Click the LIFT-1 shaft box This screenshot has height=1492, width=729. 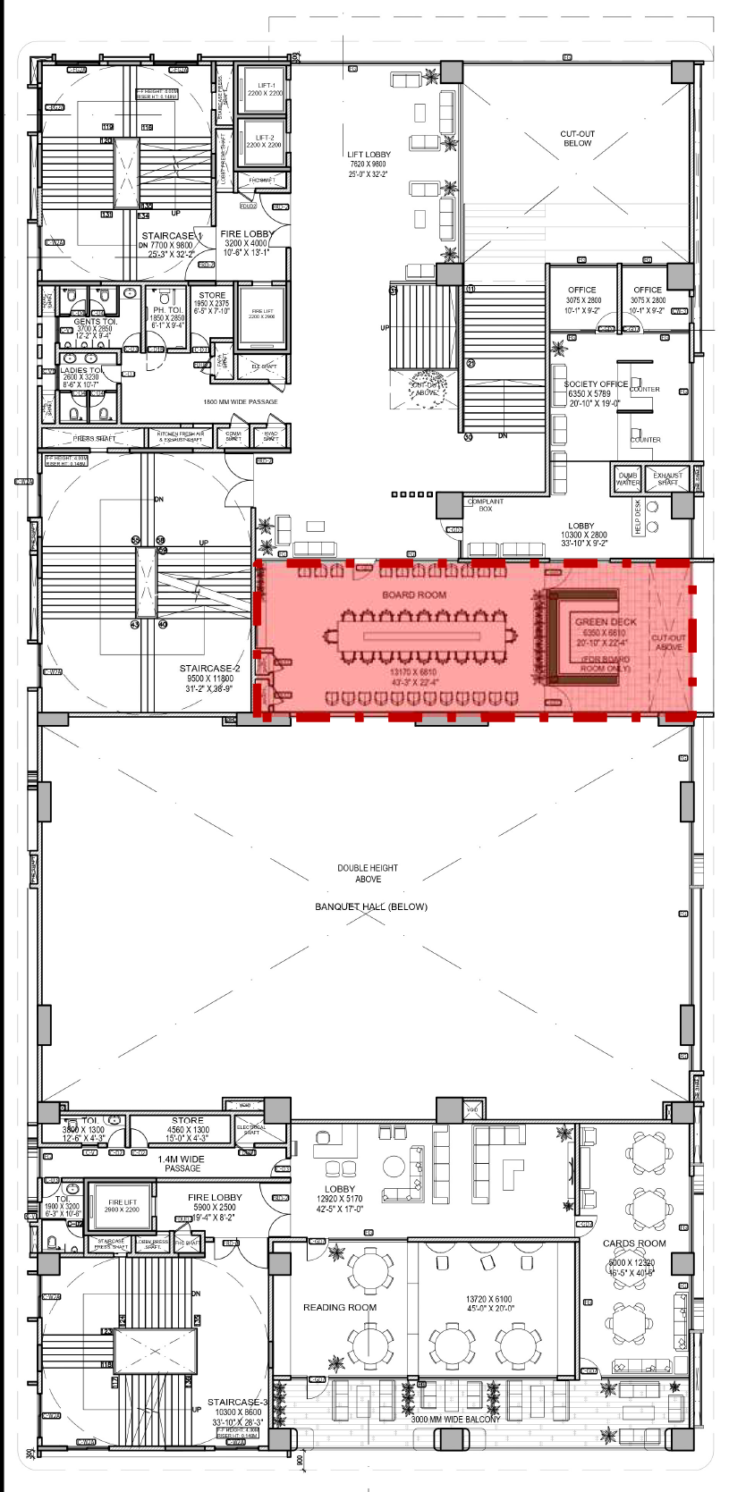click(x=265, y=89)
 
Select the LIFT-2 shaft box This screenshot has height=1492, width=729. click(x=264, y=143)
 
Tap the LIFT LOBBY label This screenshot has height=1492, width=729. click(x=369, y=155)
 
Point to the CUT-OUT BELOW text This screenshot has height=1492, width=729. click(x=577, y=139)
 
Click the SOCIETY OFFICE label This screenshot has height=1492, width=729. click(x=596, y=384)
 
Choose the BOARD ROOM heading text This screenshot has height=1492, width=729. click(x=414, y=594)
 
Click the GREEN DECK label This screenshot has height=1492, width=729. click(x=606, y=621)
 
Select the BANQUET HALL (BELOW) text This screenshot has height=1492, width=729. click(x=370, y=906)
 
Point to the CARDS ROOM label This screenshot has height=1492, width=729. click(x=634, y=1243)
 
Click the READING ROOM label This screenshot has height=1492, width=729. click(x=339, y=1307)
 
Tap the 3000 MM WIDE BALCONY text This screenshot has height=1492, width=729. click(x=455, y=1419)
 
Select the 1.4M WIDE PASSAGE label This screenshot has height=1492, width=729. click(x=182, y=1163)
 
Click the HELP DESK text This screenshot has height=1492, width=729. click(x=638, y=518)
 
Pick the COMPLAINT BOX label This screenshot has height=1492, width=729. click(x=486, y=505)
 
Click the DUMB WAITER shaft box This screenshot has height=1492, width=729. click(x=627, y=479)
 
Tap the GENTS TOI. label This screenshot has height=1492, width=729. click(x=95, y=321)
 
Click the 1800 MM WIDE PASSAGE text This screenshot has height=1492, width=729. click(x=240, y=401)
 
